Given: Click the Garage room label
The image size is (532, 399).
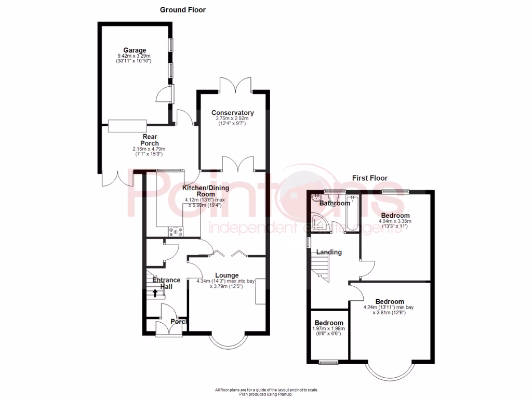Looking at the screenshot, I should pos(135,50).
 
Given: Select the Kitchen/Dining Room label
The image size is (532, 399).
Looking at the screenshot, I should pos(205,191).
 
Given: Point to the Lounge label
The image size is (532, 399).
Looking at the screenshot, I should pos(226,275).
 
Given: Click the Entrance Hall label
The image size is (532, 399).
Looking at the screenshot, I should pos(166,284).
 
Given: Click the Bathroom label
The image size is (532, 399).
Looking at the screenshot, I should pos(335,203).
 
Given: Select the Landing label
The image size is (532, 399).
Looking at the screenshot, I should pos(329,252).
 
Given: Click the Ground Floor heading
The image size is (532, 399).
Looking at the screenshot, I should pos(182,9).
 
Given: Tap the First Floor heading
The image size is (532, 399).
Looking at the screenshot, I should pos(369,178).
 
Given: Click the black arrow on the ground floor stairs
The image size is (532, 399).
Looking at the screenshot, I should pos(155,293).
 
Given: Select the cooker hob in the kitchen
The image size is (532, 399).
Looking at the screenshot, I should pos(176,232).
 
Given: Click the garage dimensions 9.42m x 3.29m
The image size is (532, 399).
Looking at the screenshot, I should pos(134,56).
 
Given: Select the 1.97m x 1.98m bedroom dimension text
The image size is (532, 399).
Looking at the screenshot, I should pos(328,329).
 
